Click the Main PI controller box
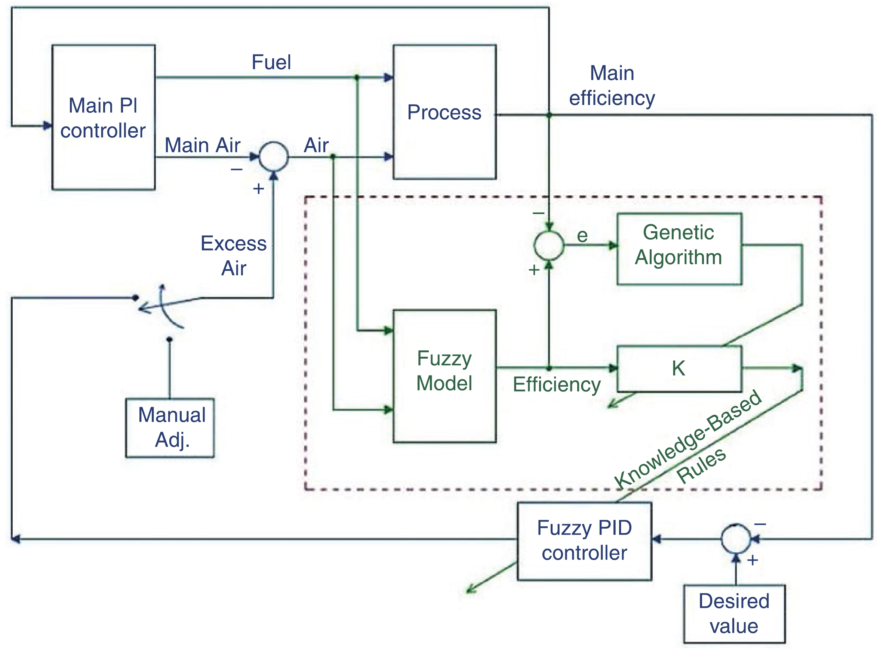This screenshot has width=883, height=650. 103,117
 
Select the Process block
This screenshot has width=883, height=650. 444,112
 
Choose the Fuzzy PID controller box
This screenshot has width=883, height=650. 584,541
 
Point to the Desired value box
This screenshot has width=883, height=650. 734,613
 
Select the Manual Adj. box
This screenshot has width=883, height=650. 170,428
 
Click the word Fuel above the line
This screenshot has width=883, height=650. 271,62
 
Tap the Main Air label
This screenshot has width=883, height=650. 202,145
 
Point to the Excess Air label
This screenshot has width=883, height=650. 234,256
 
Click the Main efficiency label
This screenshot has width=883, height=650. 612,86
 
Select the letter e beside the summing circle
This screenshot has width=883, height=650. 582,235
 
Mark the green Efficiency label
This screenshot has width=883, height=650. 556,384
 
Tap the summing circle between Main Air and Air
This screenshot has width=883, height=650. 274,157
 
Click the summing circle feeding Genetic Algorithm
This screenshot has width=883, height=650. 549,245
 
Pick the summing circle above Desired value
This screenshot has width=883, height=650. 736,539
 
